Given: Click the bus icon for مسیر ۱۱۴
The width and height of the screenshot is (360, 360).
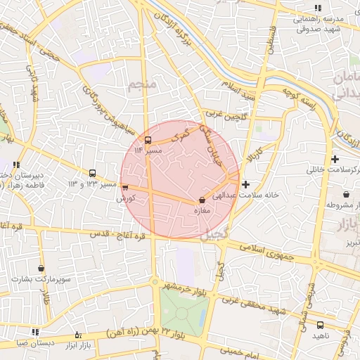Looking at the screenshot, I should [148, 139].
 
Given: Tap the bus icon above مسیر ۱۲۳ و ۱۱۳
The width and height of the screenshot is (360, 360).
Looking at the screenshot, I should [92, 173].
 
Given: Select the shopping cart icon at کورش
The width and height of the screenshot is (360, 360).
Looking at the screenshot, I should [125, 188].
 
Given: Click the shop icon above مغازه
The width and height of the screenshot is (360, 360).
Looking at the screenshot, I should [202, 200].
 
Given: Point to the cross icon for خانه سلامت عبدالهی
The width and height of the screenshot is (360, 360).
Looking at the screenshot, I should [245, 184].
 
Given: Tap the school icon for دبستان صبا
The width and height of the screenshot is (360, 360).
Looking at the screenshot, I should [35, 332].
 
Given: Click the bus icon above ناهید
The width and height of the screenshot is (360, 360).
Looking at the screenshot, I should [320, 325].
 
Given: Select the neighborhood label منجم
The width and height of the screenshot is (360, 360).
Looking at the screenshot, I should [141, 86].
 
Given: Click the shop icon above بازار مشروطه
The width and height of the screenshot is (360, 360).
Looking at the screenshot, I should [345, 194].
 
